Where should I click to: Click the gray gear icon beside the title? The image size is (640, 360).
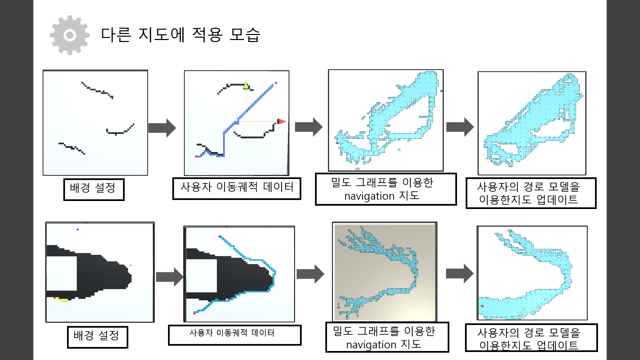pyautogui.click(x=70, y=35)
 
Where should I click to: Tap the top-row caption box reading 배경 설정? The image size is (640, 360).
pyautogui.click(x=94, y=189)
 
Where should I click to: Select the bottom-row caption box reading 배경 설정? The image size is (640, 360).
pyautogui.click(x=97, y=337)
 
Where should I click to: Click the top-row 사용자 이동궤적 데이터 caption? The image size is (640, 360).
pyautogui.click(x=237, y=188)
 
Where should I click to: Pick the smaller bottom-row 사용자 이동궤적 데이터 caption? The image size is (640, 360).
pyautogui.click(x=234, y=335)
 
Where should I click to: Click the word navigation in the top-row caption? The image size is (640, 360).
pyautogui.click(x=369, y=196)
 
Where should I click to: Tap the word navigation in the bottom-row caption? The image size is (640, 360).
pyautogui.click(x=371, y=345)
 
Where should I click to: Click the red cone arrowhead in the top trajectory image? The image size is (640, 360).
pyautogui.click(x=281, y=121)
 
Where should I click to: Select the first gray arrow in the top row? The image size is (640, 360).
pyautogui.click(x=162, y=128)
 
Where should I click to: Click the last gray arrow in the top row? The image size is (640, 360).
pyautogui.click(x=460, y=127)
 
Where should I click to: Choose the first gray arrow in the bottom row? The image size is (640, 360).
pyautogui.click(x=169, y=277)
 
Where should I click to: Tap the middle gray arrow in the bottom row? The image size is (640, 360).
pyautogui.click(x=310, y=274)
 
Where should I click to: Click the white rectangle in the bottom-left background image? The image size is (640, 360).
pyautogui.click(x=62, y=273)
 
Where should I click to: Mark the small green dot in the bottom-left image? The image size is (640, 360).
pyautogui.click(x=131, y=265)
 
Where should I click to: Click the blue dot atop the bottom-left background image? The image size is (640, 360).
pyautogui.click(x=78, y=229)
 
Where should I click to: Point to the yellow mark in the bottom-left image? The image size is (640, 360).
pyautogui.click(x=63, y=300)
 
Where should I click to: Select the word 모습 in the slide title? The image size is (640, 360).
pyautogui.click(x=245, y=35)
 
